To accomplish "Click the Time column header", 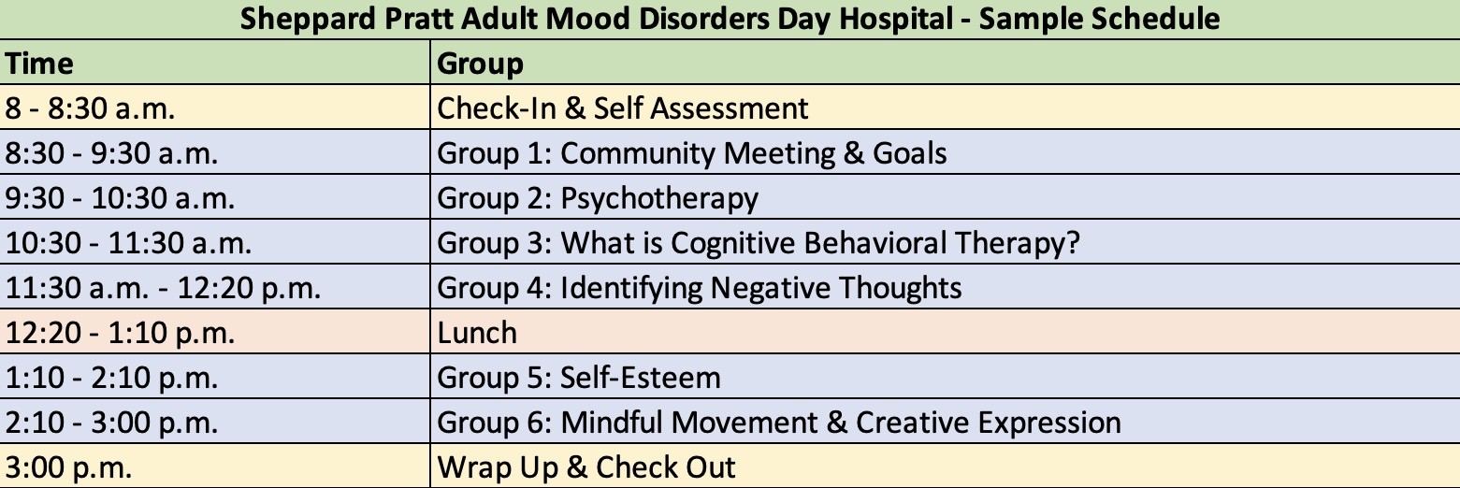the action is click(x=39, y=64).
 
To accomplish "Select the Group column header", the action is click(x=481, y=64).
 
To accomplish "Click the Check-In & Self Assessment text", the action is click(x=623, y=108).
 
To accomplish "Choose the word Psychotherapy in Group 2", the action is click(x=659, y=199).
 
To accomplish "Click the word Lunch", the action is click(x=477, y=333).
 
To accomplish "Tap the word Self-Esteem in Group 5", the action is click(x=641, y=378).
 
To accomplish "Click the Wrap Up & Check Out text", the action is click(x=586, y=467).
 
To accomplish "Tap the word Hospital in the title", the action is click(x=896, y=19).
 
